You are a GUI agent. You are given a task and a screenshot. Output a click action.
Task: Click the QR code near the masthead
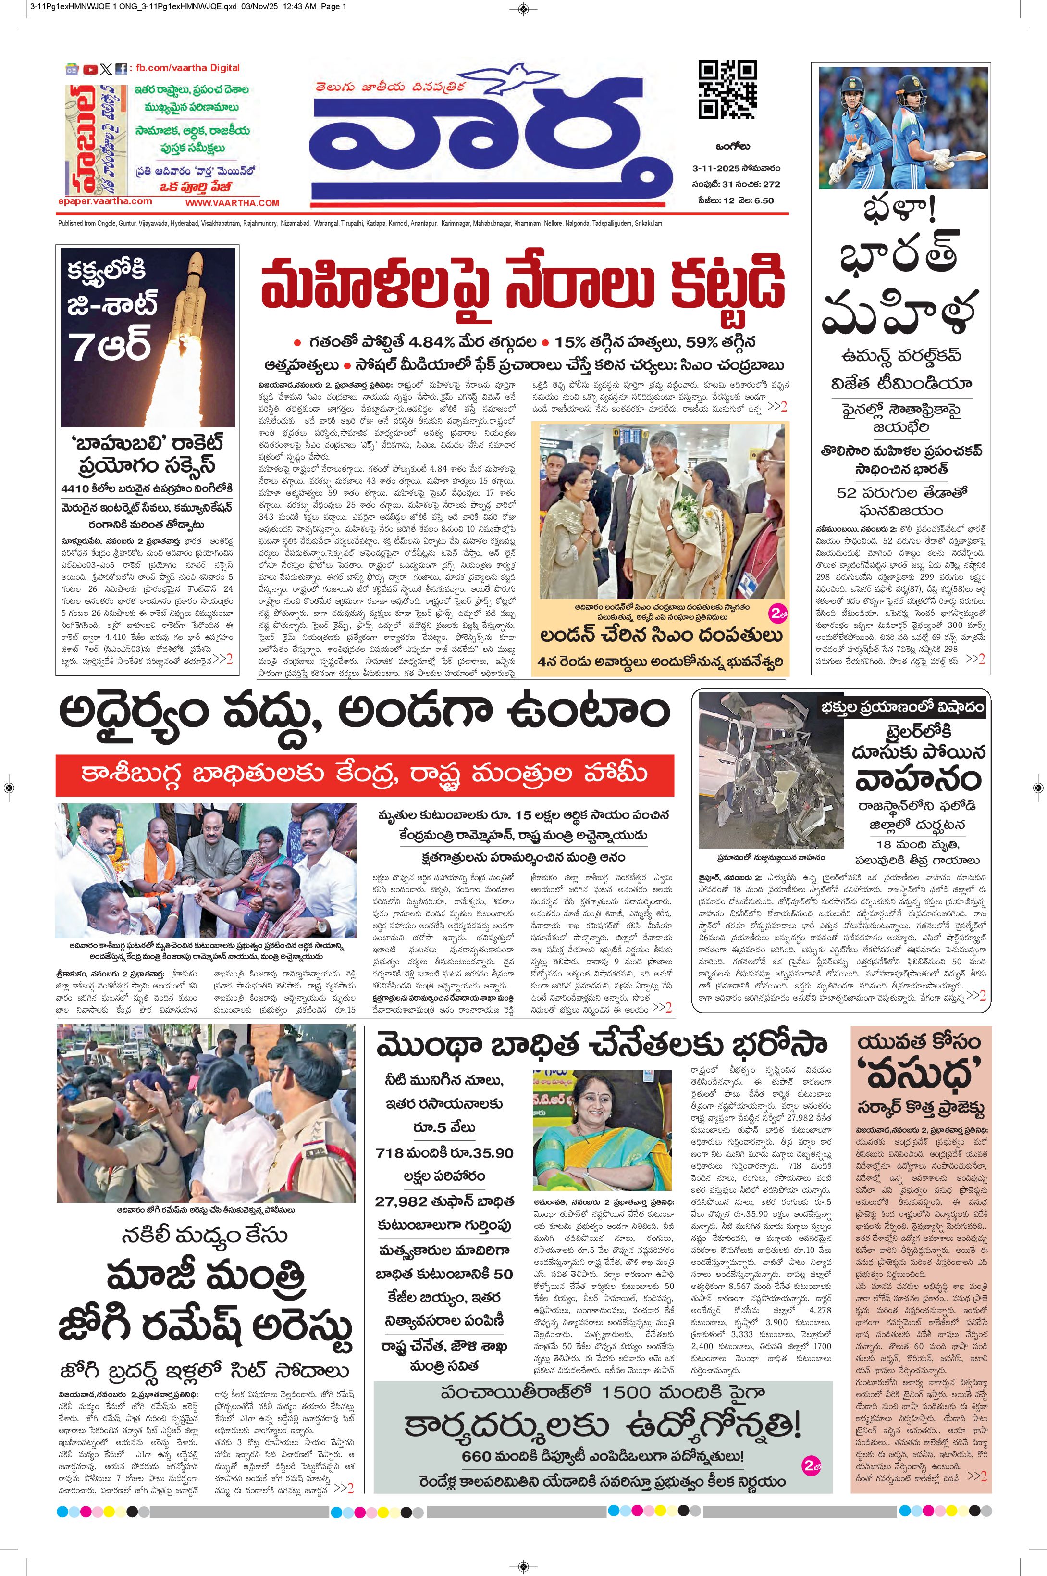pos(727,89)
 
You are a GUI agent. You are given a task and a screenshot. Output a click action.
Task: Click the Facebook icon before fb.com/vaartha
pos(122,69)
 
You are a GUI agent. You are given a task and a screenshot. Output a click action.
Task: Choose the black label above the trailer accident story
pos(903,707)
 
